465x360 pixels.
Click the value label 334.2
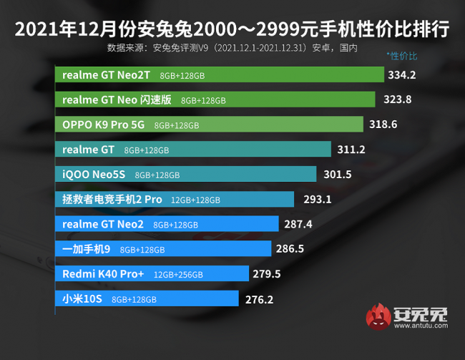[x=402, y=74]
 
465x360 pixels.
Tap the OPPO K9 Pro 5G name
[x=103, y=125]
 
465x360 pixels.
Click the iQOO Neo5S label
[x=94, y=174]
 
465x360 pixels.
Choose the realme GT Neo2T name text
[x=107, y=74]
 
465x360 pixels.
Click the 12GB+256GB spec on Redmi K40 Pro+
[x=178, y=274]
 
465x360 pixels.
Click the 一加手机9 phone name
[x=87, y=249]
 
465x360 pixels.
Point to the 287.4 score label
[x=299, y=224]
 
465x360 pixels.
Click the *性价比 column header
[x=401, y=55]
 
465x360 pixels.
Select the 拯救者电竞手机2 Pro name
[x=112, y=199]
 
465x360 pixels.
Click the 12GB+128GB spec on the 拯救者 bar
[x=195, y=200]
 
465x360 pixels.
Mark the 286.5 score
[x=291, y=249]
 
